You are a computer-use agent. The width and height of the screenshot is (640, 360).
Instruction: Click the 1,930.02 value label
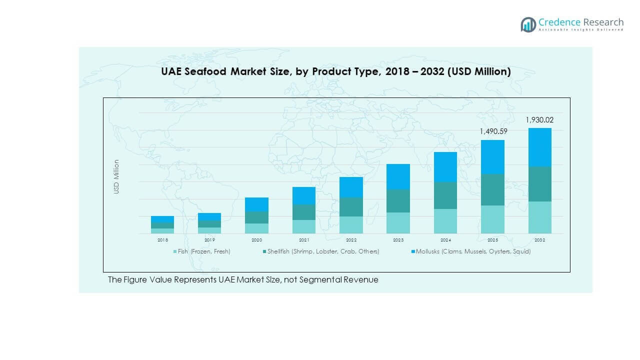(x=539, y=120)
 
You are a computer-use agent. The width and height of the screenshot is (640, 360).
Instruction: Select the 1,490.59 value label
(x=492, y=132)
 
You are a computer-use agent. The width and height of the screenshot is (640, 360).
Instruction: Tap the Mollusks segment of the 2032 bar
(x=539, y=147)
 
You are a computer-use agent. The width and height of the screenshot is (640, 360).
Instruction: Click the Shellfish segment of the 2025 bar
(x=492, y=189)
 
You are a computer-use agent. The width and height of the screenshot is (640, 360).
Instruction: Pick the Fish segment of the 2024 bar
(x=445, y=221)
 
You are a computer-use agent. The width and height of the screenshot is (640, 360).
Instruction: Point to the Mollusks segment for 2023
(x=398, y=176)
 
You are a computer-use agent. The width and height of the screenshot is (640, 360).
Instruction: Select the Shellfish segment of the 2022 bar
(x=351, y=207)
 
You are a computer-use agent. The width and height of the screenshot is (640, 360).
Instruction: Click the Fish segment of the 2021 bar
(x=304, y=226)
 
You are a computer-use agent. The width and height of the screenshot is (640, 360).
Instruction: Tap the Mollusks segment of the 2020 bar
(x=256, y=204)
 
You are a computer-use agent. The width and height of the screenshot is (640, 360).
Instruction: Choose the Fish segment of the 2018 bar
(x=162, y=231)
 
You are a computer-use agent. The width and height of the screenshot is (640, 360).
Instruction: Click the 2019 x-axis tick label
(x=209, y=240)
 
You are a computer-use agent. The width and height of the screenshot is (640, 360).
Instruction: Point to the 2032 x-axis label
(x=539, y=240)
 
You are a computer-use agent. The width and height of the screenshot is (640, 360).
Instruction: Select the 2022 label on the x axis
(x=351, y=240)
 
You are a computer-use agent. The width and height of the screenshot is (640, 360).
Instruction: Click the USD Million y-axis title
(x=116, y=176)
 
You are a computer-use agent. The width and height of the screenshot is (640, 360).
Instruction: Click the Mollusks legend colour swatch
(x=413, y=251)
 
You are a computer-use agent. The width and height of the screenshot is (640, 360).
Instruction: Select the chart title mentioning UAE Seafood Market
(x=335, y=71)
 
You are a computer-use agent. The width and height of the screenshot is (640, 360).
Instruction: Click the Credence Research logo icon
(x=528, y=24)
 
